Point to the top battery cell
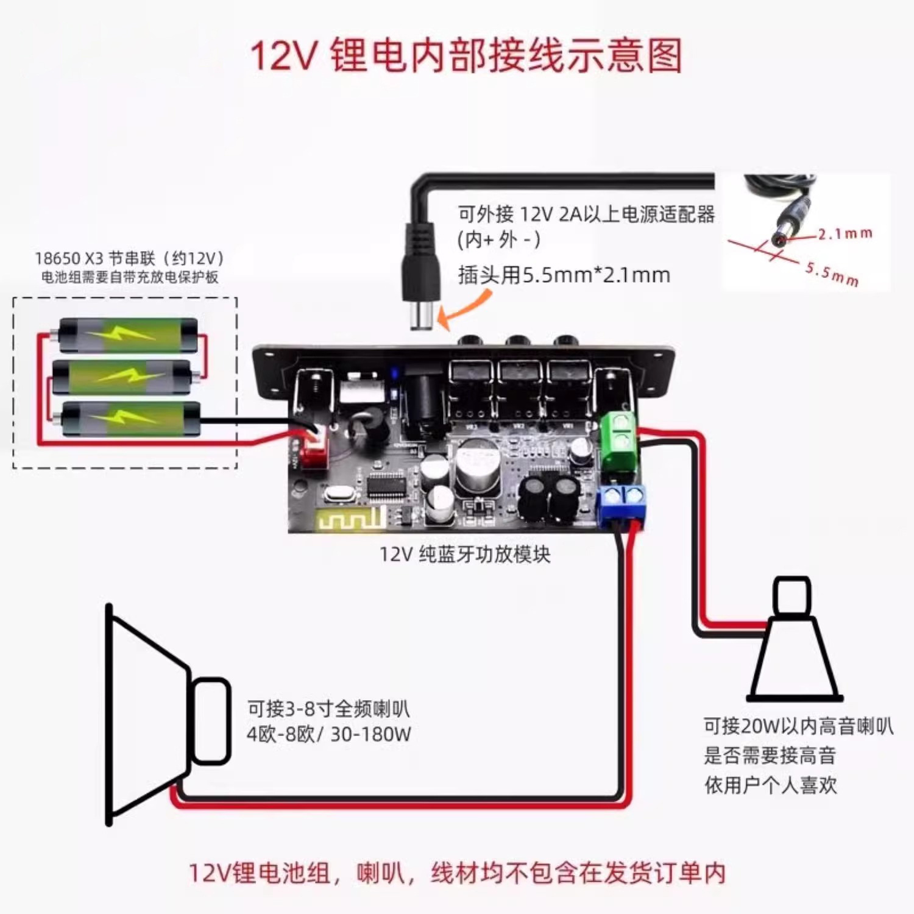(128, 335)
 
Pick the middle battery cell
(122, 377)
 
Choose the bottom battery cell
(130, 419)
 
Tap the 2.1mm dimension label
(845, 233)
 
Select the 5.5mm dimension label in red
(832, 274)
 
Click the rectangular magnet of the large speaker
(211, 721)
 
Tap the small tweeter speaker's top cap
(792, 596)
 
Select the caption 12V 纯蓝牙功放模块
(465, 554)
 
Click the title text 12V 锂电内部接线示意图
(466, 55)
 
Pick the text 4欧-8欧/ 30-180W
(328, 734)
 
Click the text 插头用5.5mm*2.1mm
(564, 275)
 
